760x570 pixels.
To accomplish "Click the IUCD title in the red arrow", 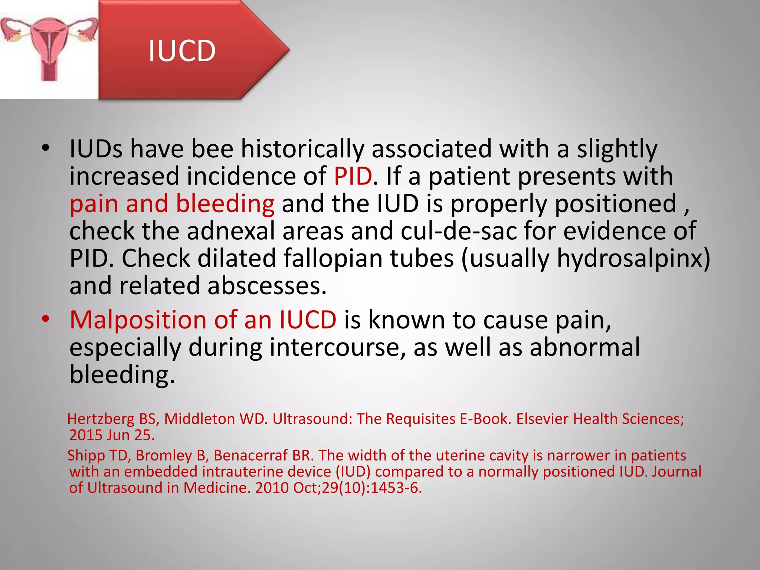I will coord(182,51).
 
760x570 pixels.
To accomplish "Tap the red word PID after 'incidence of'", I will coord(353,176).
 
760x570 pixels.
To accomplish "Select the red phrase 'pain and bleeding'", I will coord(172,204).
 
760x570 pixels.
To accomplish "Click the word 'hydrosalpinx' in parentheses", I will coord(629,258).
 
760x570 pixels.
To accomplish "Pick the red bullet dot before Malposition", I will coord(45,319).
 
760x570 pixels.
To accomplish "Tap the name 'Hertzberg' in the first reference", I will coord(101,419).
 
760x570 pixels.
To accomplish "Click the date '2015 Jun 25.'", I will coord(112,435).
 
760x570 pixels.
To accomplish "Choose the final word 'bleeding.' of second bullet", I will coord(122,375).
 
